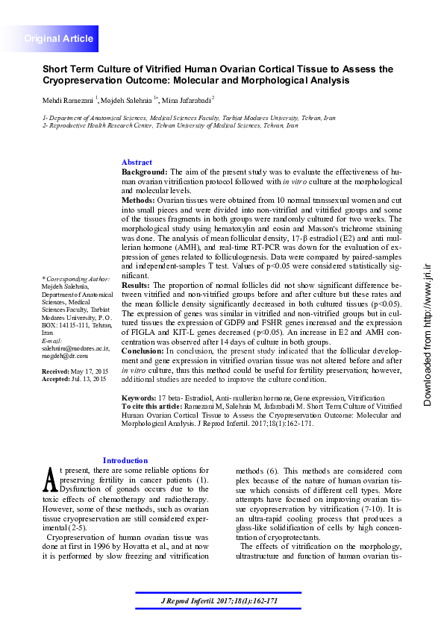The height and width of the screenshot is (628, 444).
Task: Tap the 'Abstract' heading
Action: point(137,163)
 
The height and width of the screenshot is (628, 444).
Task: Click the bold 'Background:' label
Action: point(145,172)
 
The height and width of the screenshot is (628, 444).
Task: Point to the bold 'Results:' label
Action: point(136,285)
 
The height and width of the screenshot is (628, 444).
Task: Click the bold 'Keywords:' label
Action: point(139,399)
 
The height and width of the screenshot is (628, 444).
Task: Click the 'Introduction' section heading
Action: point(125,461)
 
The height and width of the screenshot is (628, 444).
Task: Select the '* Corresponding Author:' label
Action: point(75,278)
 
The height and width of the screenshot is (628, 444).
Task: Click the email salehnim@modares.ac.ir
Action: point(75,348)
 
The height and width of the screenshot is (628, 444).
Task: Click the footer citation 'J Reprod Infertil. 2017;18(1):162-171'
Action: point(222,601)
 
